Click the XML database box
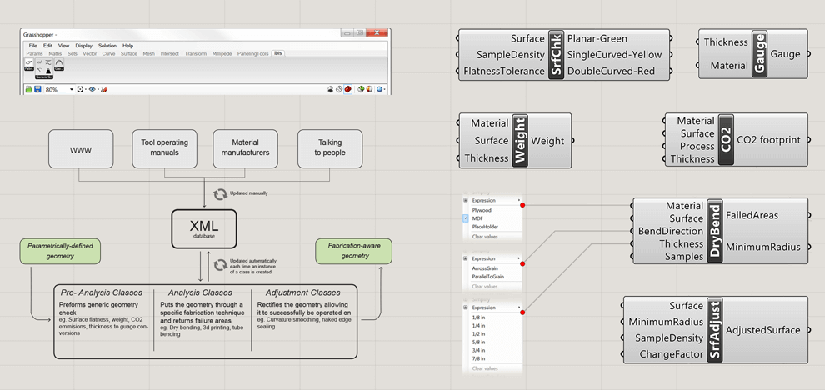pos(204,228)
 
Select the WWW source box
pos(81,148)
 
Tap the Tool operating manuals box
pos(164,148)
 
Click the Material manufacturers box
pos(246,148)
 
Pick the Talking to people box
pos(329,148)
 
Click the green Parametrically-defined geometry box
pos(62,251)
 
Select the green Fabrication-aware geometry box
pos(353,251)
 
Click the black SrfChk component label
pos(556,55)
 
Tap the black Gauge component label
pos(759,54)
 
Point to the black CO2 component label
pos(725,140)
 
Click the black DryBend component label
pos(715,231)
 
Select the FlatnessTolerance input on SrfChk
pos(504,72)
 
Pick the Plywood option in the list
pos(482,210)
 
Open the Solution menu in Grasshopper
pos(107,46)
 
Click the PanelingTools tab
pos(252,54)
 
